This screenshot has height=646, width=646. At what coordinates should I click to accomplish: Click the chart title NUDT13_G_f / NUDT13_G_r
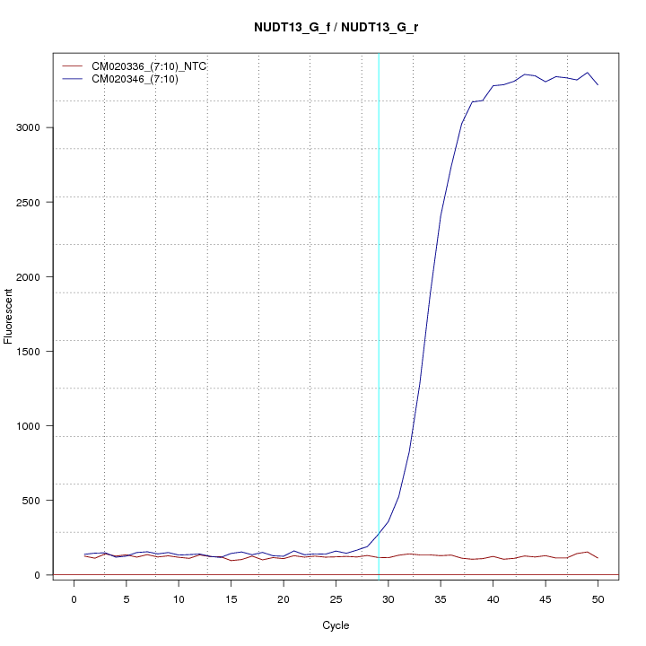point(336,27)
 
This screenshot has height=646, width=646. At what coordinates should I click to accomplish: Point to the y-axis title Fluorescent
point(9,315)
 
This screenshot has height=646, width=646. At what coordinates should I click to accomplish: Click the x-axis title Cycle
point(336,625)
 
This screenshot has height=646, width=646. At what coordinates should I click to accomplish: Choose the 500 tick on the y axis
point(37,500)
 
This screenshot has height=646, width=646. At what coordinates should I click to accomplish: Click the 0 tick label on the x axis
point(74,598)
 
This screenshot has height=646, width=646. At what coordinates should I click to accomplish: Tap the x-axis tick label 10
point(179,598)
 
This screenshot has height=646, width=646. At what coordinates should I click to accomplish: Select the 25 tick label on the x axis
point(336,598)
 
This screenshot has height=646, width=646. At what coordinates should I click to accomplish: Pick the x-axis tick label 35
point(441,598)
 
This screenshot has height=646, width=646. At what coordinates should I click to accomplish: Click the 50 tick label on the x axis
point(598,598)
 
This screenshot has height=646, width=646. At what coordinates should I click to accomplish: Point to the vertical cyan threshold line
point(379,314)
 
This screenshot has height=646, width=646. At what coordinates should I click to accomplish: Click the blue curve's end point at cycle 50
point(598,84)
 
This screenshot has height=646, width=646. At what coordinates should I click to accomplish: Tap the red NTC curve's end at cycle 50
point(598,558)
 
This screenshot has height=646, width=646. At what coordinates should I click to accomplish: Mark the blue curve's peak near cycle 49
point(588,73)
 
